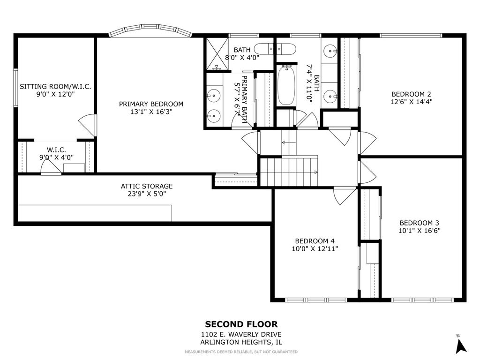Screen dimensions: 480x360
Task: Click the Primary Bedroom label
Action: [151, 104]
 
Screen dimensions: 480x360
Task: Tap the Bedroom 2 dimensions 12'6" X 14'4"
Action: [411, 101]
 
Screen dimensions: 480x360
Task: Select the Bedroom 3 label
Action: [419, 223]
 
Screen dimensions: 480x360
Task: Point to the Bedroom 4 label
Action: [315, 241]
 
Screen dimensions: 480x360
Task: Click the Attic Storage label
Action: [147, 186]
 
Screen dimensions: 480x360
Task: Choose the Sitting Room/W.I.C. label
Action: [55, 87]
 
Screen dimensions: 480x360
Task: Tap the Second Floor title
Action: [241, 324]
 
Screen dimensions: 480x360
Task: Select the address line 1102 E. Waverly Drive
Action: [241, 335]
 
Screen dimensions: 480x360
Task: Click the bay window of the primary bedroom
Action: [150, 31]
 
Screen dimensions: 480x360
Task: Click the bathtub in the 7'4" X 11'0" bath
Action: [286, 86]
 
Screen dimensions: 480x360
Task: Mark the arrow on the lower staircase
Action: [315, 172]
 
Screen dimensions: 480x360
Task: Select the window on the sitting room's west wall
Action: [15, 88]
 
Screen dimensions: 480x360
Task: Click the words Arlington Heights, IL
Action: [241, 342]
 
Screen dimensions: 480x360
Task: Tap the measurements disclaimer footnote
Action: [241, 352]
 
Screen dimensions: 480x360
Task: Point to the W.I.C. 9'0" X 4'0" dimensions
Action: [56, 157]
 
